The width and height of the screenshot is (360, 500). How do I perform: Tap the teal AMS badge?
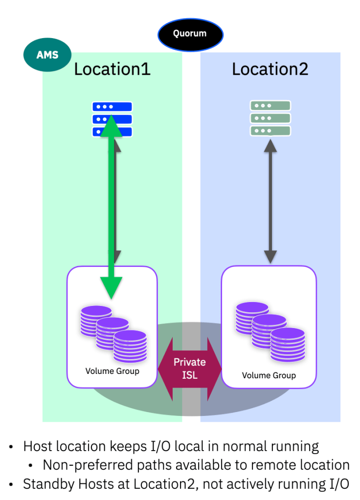point(47,54)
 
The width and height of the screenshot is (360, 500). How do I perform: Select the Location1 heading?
point(112,69)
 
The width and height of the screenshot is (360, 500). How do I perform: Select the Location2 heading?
point(270,69)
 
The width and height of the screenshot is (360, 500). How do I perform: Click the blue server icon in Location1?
point(112,118)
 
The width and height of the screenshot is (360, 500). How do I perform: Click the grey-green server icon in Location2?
point(270,118)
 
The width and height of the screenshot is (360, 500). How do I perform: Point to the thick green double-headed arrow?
point(112,205)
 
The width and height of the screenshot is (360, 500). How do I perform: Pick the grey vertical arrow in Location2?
point(270,200)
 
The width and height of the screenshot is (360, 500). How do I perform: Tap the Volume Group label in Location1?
point(112,371)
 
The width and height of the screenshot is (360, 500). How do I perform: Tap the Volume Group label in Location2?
point(269,375)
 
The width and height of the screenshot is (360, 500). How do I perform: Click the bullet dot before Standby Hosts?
point(11,484)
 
